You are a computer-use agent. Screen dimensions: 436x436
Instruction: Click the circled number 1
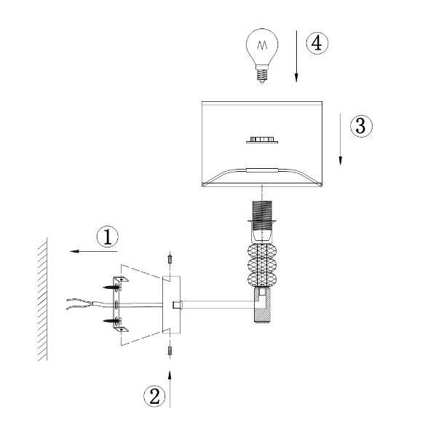coord(107,237)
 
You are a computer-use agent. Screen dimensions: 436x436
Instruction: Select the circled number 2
coord(154,396)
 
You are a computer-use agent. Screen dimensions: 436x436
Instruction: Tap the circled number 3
coord(361,126)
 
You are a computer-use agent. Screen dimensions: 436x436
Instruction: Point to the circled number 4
coord(317,43)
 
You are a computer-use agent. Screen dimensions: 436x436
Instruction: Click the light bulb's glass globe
coord(262,46)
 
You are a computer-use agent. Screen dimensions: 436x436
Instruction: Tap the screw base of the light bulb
coord(262,74)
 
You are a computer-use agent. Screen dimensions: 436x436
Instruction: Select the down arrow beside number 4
coord(296,56)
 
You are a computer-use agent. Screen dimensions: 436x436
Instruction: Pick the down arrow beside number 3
coord(340,139)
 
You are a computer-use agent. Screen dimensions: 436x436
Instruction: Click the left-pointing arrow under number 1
coord(93,251)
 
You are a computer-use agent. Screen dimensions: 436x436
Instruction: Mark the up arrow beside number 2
coord(170,389)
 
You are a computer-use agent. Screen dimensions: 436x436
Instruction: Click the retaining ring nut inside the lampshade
coord(262,140)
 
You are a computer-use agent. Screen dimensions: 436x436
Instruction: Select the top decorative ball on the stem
coord(262,252)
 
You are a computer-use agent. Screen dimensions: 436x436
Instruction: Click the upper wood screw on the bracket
coord(112,288)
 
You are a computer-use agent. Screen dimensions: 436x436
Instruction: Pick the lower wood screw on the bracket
coord(112,321)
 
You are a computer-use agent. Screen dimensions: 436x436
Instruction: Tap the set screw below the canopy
coord(170,351)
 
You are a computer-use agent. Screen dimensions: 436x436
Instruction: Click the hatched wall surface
coord(42,299)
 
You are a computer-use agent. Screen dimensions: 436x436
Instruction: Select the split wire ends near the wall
coord(79,304)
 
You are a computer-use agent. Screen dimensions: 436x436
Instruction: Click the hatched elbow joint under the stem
coord(263,306)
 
